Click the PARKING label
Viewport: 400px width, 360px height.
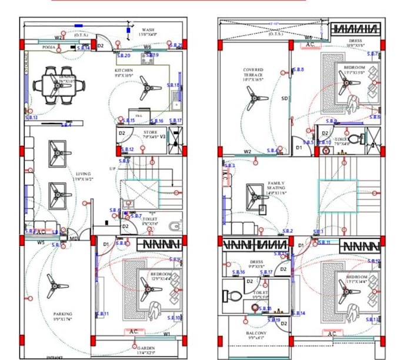[x=62, y=314]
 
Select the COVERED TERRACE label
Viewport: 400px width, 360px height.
[x=254, y=74]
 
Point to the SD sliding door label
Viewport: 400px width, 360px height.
[x=284, y=98]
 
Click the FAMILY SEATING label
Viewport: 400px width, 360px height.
[x=276, y=186]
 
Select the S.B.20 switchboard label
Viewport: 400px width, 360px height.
[x=124, y=56]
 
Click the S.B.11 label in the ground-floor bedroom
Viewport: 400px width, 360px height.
[x=102, y=314]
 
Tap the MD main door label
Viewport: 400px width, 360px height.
[x=73, y=238]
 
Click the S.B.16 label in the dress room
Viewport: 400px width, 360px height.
[x=238, y=272]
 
